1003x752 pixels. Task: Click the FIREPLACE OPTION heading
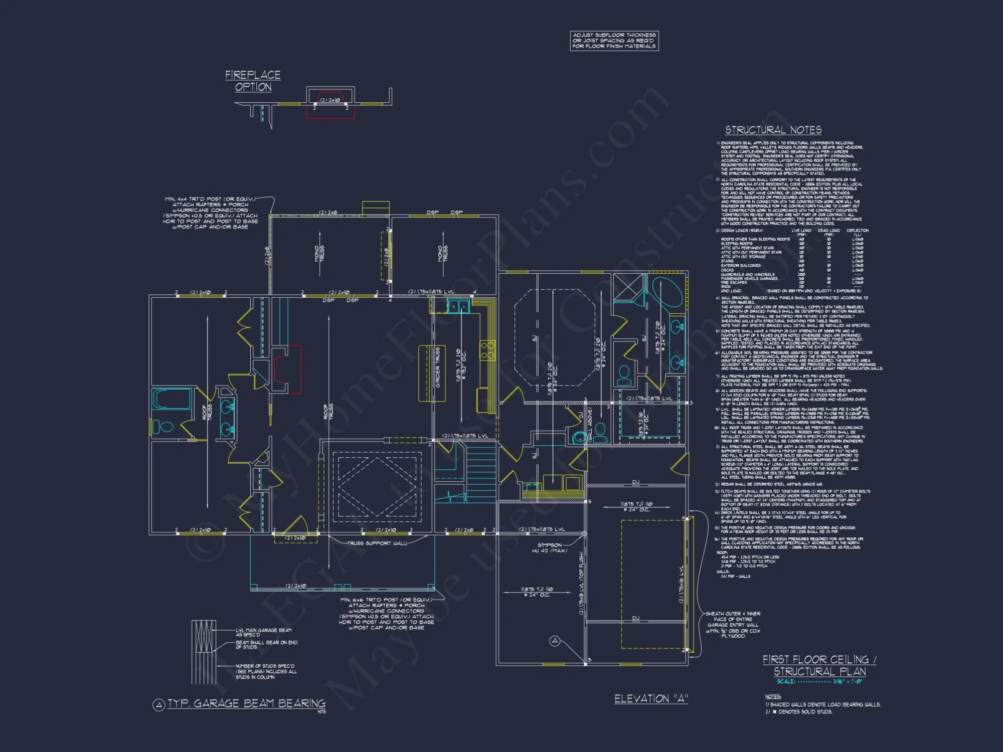253,81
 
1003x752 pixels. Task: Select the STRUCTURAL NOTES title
773,130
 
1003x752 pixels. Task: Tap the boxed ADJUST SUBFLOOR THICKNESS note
614,41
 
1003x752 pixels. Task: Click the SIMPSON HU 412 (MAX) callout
549,547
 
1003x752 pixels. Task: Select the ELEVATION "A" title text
651,698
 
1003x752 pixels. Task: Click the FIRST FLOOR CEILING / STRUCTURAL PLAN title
819,665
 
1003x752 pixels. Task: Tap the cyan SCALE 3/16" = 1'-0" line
819,681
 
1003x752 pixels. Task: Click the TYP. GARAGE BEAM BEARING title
246,704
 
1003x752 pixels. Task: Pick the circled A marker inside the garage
555,641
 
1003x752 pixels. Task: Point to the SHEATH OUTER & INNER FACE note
733,625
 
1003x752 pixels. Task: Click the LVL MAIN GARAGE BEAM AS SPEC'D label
263,632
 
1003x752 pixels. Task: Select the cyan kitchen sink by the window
458,305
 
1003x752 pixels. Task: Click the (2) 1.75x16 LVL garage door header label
681,585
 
